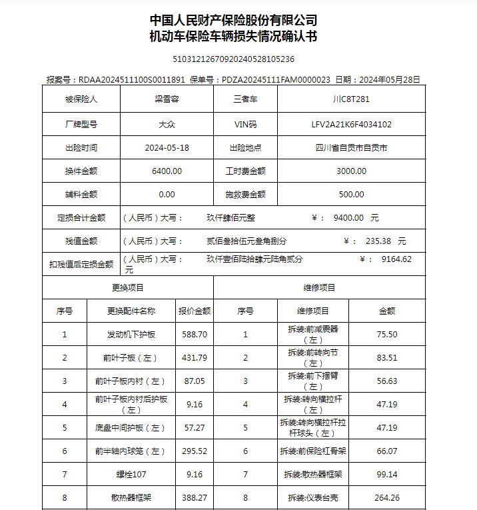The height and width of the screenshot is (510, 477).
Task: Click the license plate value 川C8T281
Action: [350, 100]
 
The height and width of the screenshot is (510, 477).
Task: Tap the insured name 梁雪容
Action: [167, 100]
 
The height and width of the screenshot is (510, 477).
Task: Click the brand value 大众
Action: [167, 124]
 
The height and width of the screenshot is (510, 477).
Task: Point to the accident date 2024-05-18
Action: [167, 147]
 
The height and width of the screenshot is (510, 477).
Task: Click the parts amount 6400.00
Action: [167, 171]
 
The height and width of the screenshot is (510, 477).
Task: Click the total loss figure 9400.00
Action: [348, 217]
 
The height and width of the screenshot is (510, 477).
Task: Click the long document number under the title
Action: [233, 59]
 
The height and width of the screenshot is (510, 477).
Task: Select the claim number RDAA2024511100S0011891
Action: [131, 79]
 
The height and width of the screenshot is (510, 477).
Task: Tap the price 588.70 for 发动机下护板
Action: [195, 334]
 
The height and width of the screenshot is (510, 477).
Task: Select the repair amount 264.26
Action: [387, 497]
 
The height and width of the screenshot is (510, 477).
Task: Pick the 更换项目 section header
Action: [127, 287]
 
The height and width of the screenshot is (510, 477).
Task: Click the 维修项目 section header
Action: [319, 287]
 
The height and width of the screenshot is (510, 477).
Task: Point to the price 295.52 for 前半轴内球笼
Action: [195, 451]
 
